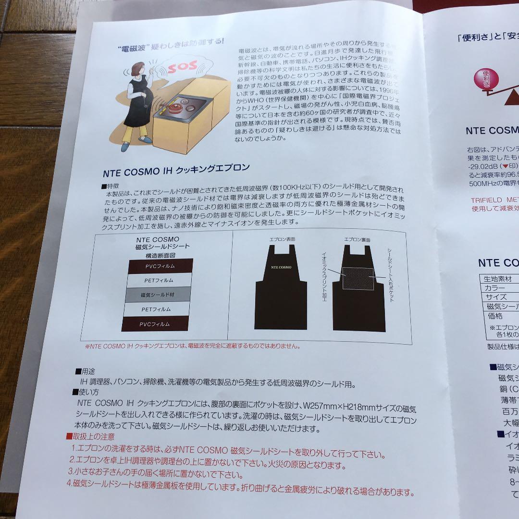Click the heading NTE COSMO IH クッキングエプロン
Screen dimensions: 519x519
click(176, 168)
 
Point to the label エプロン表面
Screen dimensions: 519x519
click(283, 239)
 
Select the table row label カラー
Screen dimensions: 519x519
click(495, 288)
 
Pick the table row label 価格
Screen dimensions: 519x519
click(494, 316)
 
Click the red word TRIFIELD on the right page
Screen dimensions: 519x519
click(488, 199)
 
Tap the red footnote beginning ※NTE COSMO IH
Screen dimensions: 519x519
click(192, 346)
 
